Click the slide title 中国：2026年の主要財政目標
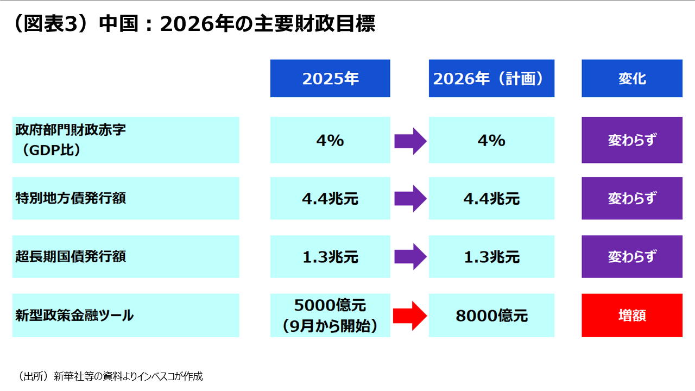[193, 24]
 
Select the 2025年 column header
[330, 79]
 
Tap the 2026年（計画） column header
[491, 79]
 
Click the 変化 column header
[632, 79]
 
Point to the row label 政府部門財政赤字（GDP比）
[125, 140]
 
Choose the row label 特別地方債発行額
[125, 198]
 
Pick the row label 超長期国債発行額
[125, 256]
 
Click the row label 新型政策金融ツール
[125, 315]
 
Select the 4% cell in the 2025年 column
[330, 140]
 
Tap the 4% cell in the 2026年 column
[491, 140]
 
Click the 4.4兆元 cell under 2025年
[330, 198]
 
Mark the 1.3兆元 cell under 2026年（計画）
[491, 256]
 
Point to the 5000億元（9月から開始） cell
[330, 315]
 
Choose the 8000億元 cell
[491, 315]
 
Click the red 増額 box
[632, 315]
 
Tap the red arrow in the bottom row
[410, 315]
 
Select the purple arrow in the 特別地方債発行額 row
[410, 198]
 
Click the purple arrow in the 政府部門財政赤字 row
[410, 140]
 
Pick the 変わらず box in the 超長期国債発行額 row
[632, 256]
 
